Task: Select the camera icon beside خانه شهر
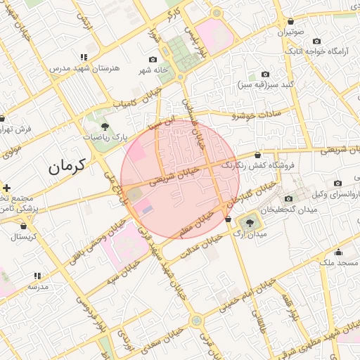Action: (153, 60)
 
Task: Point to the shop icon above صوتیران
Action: (290, 20)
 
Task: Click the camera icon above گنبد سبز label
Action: (265, 74)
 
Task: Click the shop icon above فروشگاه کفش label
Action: (257, 154)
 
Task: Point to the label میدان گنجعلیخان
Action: (289, 210)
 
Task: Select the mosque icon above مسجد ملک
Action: (338, 252)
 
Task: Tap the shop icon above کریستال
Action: (25, 226)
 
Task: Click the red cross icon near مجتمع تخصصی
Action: (6, 188)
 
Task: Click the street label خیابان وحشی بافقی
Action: (98, 241)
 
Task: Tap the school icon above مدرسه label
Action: (37, 276)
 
